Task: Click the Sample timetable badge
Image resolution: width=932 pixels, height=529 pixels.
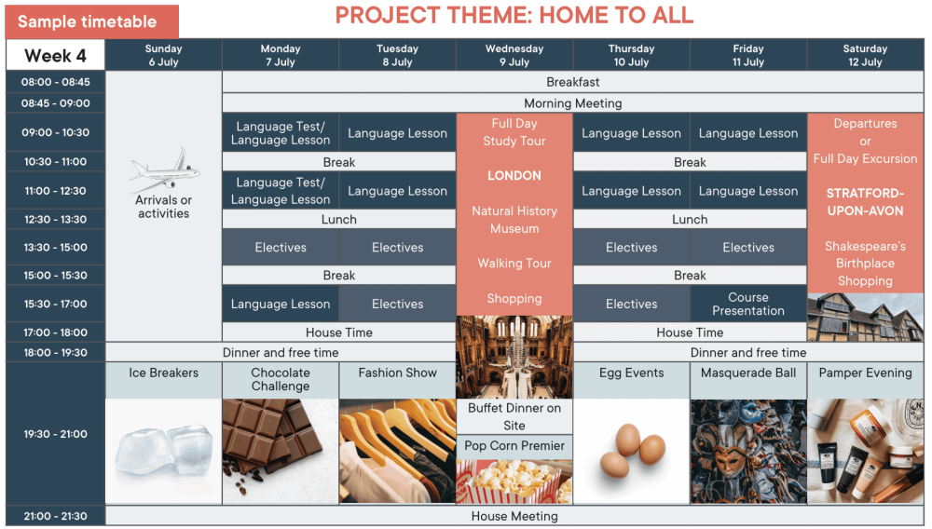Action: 91,22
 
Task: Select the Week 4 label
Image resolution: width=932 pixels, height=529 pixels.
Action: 55,56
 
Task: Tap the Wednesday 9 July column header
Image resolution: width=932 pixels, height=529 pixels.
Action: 514,55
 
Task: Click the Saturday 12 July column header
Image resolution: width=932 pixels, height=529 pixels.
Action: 865,55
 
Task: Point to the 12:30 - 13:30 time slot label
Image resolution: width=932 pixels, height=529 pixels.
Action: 55,219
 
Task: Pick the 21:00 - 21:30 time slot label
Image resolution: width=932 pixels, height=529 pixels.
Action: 55,516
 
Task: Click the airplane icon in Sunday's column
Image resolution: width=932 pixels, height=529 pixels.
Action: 165,170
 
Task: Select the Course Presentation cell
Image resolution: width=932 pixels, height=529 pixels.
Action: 748,304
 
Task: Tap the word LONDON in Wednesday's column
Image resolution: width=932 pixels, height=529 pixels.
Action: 514,176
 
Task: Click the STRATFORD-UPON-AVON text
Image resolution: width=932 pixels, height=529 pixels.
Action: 865,202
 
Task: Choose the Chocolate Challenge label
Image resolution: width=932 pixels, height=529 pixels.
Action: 281,379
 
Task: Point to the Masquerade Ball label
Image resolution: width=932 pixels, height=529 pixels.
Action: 748,373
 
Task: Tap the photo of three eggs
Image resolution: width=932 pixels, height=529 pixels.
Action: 632,450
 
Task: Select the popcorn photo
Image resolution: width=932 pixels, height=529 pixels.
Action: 514,482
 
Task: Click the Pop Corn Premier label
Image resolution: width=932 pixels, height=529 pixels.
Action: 514,446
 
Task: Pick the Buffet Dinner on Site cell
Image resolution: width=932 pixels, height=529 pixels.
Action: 514,417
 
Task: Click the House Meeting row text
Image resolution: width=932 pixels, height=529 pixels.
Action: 514,517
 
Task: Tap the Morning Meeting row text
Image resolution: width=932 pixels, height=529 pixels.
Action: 573,103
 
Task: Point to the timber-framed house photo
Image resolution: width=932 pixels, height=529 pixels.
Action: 865,317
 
